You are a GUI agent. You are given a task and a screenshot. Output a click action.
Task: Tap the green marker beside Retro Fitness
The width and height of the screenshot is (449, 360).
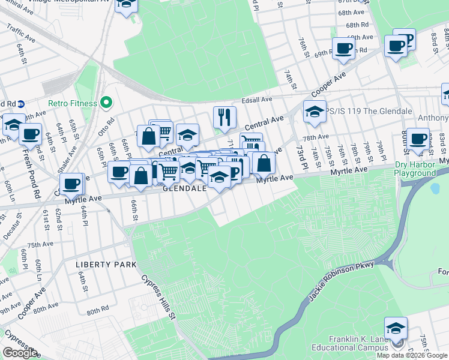click(x=106, y=103)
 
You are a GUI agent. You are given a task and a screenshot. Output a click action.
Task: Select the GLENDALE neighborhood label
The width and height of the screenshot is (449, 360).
click(x=185, y=188)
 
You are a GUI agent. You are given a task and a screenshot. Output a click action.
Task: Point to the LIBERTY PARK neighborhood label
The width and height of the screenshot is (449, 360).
click(x=106, y=265)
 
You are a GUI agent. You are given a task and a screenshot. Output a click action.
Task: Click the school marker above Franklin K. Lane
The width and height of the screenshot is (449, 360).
click(x=396, y=328)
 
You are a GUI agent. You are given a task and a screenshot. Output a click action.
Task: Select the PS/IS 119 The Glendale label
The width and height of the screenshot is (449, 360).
click(x=369, y=112)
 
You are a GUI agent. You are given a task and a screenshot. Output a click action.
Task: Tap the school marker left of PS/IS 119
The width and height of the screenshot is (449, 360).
click(x=315, y=111)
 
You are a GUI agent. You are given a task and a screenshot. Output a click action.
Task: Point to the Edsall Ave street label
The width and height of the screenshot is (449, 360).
click(x=258, y=99)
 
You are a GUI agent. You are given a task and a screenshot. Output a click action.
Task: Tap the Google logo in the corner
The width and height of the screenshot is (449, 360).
click(x=20, y=353)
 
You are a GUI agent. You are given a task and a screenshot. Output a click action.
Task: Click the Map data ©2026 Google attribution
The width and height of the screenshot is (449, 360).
click(x=412, y=355)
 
